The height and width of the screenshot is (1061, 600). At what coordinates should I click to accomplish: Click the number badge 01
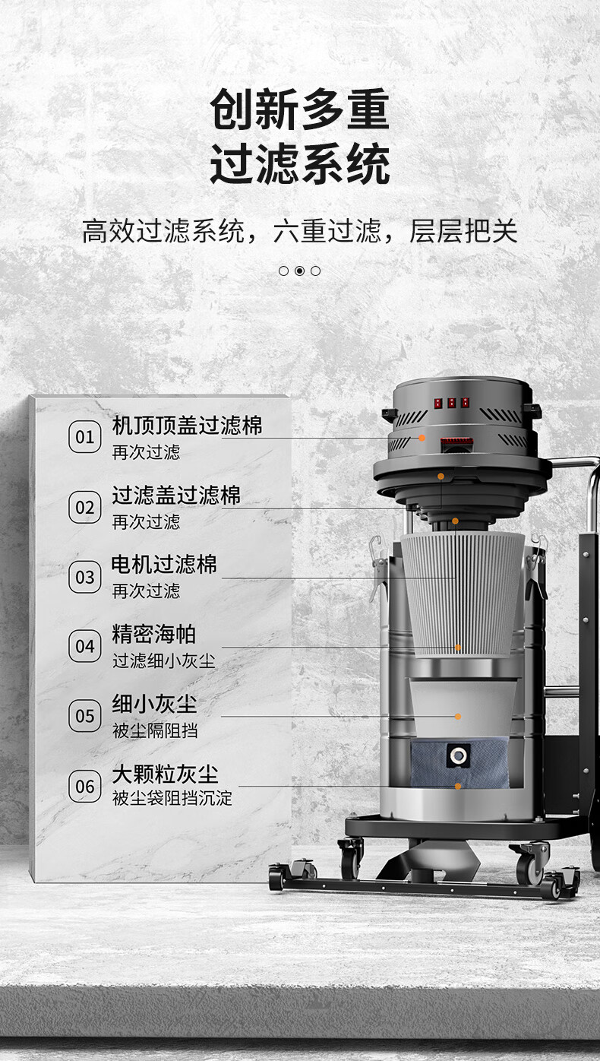click(85, 437)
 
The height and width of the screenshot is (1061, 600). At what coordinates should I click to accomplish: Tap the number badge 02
click(85, 507)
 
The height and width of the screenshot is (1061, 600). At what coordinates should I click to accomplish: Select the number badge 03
click(85, 577)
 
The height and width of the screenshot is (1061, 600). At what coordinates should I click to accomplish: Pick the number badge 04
click(85, 646)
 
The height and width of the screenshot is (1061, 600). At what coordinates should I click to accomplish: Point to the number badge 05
click(85, 716)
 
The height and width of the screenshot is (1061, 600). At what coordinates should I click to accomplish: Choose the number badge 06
click(85, 787)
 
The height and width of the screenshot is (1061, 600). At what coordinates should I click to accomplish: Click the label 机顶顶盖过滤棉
click(187, 425)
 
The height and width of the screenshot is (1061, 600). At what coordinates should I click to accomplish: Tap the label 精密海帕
click(153, 634)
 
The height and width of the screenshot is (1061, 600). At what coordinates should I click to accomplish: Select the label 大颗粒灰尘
click(165, 774)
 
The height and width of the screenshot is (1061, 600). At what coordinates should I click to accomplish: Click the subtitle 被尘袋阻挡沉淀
click(172, 798)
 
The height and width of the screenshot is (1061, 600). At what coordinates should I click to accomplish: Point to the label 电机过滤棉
click(164, 564)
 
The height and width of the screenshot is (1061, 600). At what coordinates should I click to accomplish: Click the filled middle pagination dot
click(299, 271)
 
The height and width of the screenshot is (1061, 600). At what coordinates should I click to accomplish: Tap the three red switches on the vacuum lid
click(452, 403)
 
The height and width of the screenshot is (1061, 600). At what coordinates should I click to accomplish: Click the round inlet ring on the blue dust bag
click(457, 755)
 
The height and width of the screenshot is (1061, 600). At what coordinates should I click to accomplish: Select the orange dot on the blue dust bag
click(457, 787)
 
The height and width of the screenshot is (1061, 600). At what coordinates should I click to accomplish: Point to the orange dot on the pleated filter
click(457, 648)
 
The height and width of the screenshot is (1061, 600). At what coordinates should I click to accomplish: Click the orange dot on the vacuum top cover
click(422, 438)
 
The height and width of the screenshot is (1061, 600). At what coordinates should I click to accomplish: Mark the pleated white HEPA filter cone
click(463, 595)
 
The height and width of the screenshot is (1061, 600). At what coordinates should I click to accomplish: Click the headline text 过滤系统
click(300, 164)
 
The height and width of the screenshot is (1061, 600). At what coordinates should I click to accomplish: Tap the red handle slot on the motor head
click(457, 445)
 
